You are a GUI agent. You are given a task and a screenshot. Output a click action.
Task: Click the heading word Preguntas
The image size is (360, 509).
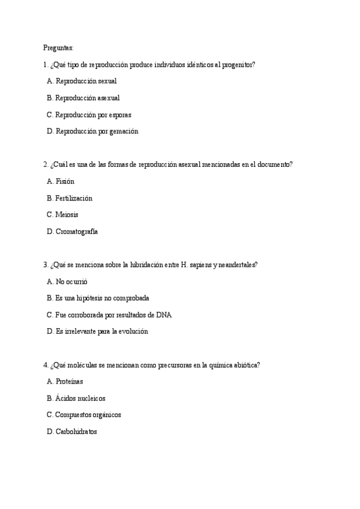pyautogui.click(x=58, y=47)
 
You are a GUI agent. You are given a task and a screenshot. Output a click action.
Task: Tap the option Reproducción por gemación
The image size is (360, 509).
pyautogui.click(x=96, y=131)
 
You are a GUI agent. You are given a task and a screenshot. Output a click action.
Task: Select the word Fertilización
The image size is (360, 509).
pyautogui.click(x=74, y=197)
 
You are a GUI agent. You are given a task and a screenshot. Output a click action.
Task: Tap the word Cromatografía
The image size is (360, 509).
pyautogui.click(x=76, y=231)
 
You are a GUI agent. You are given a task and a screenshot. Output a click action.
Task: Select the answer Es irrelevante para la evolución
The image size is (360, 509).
pyautogui.click(x=101, y=331)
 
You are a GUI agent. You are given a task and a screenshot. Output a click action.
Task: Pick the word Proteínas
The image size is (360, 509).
pyautogui.click(x=69, y=381)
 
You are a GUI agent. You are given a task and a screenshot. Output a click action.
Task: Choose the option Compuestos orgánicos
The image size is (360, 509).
pyautogui.click(x=88, y=415)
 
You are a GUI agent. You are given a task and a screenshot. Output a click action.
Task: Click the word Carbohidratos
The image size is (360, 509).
pyautogui.click(x=76, y=432)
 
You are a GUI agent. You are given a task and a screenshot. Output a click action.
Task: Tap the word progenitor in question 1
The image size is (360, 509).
pyautogui.click(x=239, y=64)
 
